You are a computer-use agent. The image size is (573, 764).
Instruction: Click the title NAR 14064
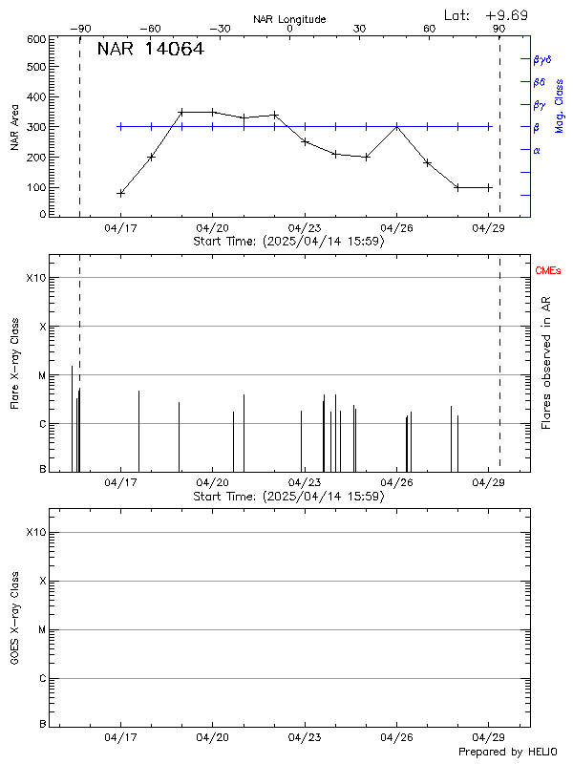point(151,50)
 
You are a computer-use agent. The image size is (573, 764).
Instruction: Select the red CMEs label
point(549,272)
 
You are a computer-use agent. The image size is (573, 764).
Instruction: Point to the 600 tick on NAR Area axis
point(37,39)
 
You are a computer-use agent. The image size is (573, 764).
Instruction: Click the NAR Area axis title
point(15,127)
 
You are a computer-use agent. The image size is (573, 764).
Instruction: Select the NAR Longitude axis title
point(289,18)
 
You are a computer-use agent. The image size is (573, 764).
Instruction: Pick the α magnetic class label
point(537,151)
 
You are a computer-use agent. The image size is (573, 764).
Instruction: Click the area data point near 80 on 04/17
point(121,193)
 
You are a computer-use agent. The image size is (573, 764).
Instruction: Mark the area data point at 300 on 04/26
point(397,126)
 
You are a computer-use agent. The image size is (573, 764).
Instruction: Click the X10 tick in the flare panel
point(35,278)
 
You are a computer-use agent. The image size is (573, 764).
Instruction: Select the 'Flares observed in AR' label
point(545,363)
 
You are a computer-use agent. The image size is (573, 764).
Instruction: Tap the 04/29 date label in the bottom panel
point(489,738)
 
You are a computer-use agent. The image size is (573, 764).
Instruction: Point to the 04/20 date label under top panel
point(212,228)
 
